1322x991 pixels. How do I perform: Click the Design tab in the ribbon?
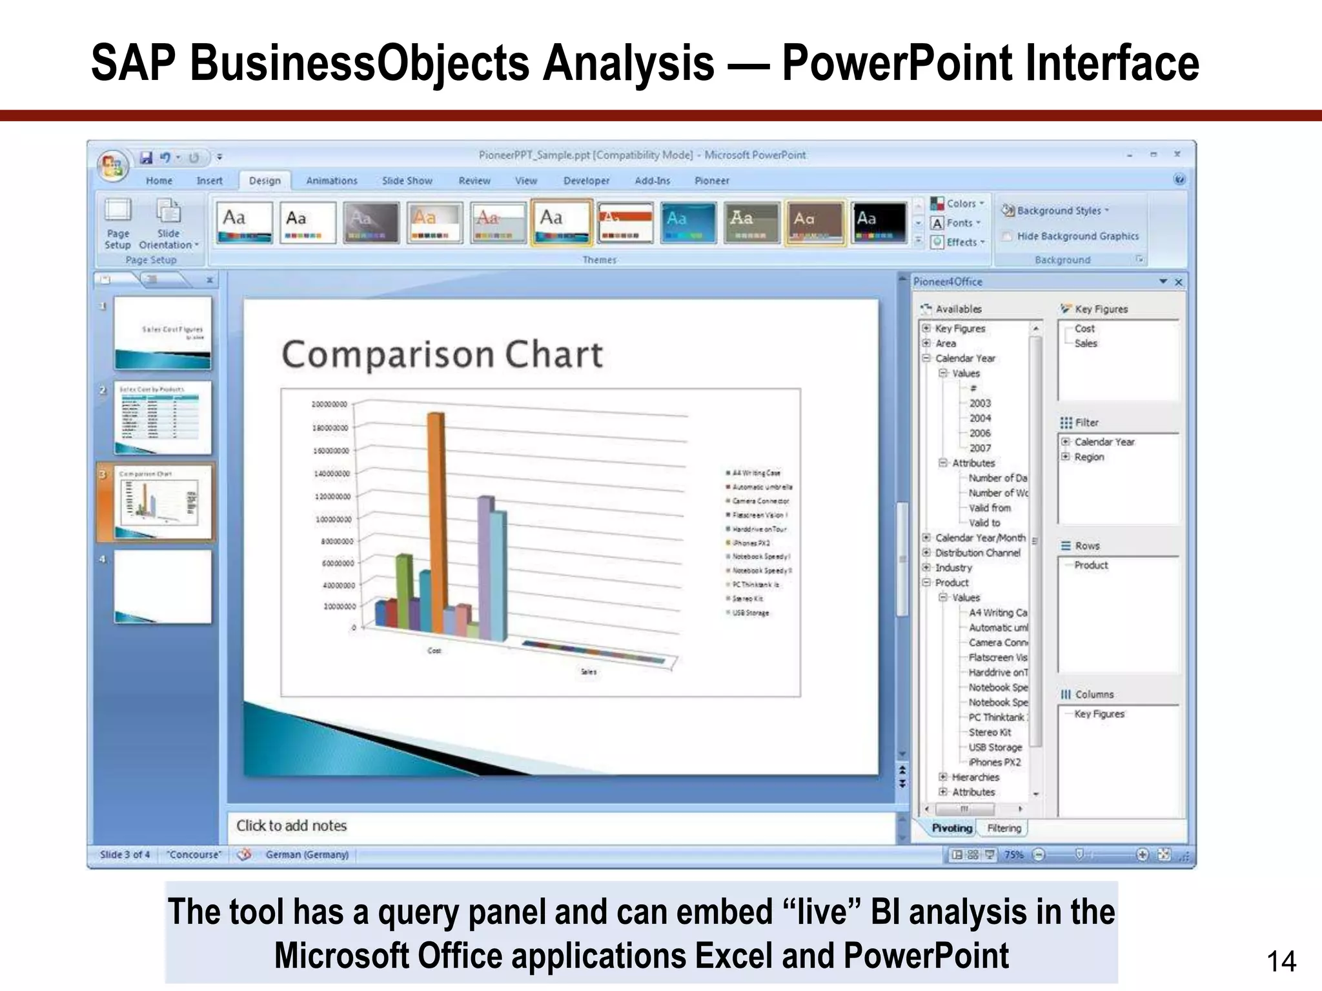pyautogui.click(x=265, y=181)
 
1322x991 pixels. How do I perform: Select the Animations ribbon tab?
pyautogui.click(x=331, y=181)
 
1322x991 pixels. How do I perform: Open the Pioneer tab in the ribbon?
pyautogui.click(x=711, y=181)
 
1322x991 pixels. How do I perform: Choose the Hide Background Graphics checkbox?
pyautogui.click(x=1007, y=237)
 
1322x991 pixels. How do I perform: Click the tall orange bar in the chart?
pyautogui.click(x=436, y=516)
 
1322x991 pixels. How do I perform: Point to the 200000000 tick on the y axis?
pyautogui.click(x=329, y=405)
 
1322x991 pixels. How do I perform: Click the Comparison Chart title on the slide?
pyautogui.click(x=442, y=355)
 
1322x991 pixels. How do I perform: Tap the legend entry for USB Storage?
pyautogui.click(x=750, y=613)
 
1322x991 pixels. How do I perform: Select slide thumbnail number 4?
pyautogui.click(x=163, y=586)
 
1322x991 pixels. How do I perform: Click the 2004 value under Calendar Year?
pyautogui.click(x=979, y=418)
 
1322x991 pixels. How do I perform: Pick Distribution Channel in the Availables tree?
pyautogui.click(x=977, y=553)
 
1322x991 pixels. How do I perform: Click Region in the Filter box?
pyautogui.click(x=1089, y=457)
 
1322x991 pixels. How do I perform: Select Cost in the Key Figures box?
pyautogui.click(x=1084, y=329)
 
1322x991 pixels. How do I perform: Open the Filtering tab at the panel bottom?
pyautogui.click(x=1004, y=828)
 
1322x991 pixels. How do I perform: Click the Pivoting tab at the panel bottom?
pyautogui.click(x=951, y=828)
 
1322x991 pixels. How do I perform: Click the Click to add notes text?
pyautogui.click(x=291, y=826)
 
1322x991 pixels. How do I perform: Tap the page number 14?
pyautogui.click(x=1281, y=962)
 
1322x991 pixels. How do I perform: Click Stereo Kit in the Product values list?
pyautogui.click(x=990, y=733)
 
